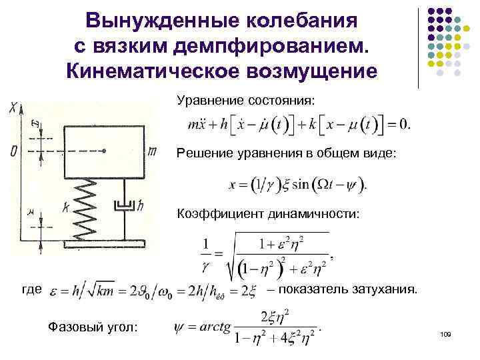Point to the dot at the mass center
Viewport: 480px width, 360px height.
click(x=105, y=151)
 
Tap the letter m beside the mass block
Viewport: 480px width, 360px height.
click(x=152, y=152)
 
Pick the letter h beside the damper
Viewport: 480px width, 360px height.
click(x=141, y=207)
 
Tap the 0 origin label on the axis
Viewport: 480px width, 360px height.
click(x=14, y=152)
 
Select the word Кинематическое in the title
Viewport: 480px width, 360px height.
click(x=141, y=71)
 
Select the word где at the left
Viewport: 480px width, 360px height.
click(x=31, y=291)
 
